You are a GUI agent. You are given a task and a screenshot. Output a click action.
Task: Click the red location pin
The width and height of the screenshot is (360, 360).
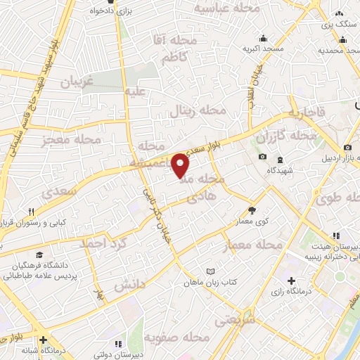(181, 165)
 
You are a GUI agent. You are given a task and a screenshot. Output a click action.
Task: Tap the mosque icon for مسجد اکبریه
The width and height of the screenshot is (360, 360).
(264, 38)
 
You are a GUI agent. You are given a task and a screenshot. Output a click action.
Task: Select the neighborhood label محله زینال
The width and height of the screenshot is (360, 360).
(198, 111)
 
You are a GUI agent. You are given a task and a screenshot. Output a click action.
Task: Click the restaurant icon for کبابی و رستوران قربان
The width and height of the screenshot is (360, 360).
(31, 212)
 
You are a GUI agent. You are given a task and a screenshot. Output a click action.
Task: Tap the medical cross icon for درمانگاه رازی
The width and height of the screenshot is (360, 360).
(291, 281)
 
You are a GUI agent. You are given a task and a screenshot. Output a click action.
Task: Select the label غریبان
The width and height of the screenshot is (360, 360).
(77, 82)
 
